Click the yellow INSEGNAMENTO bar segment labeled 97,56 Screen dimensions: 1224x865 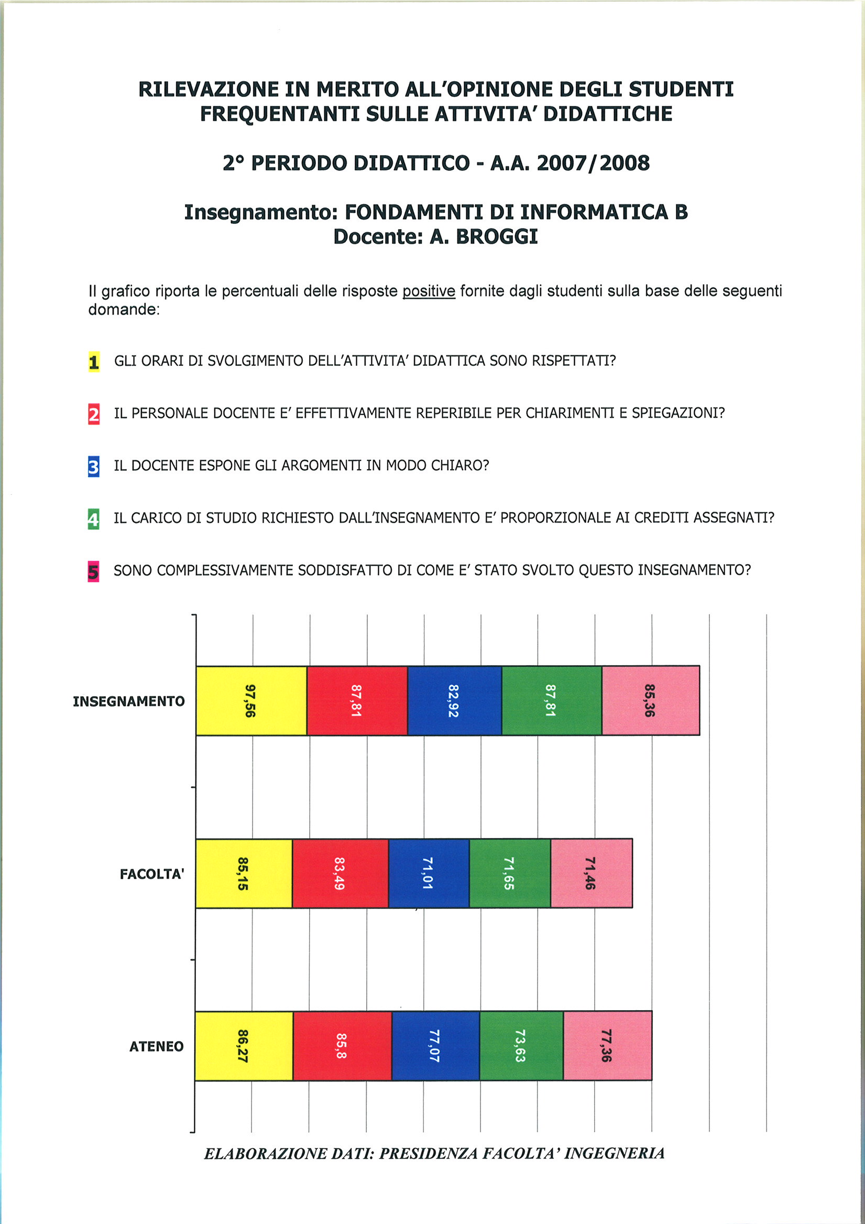click(251, 700)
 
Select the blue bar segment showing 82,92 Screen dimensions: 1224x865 click(454, 700)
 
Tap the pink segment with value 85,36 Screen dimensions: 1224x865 click(650, 700)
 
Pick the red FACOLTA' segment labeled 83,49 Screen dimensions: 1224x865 click(340, 873)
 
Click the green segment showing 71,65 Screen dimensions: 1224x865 click(509, 873)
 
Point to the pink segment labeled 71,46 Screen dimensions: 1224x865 click(591, 873)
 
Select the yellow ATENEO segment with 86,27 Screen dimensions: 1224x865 click(244, 1046)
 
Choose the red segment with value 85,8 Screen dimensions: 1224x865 click(342, 1046)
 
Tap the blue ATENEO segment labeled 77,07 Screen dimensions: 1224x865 click(435, 1046)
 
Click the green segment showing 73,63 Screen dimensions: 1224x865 click(521, 1046)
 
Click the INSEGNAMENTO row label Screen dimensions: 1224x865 click(129, 701)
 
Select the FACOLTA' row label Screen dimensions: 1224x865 click(152, 874)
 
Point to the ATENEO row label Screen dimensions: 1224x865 click(156, 1046)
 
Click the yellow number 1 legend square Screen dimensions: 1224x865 click(94, 362)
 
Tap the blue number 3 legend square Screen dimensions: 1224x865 click(94, 467)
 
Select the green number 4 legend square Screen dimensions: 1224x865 click(93, 519)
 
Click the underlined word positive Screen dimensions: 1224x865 click(429, 291)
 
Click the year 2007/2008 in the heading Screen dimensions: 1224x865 click(593, 163)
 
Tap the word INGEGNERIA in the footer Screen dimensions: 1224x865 click(614, 1153)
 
